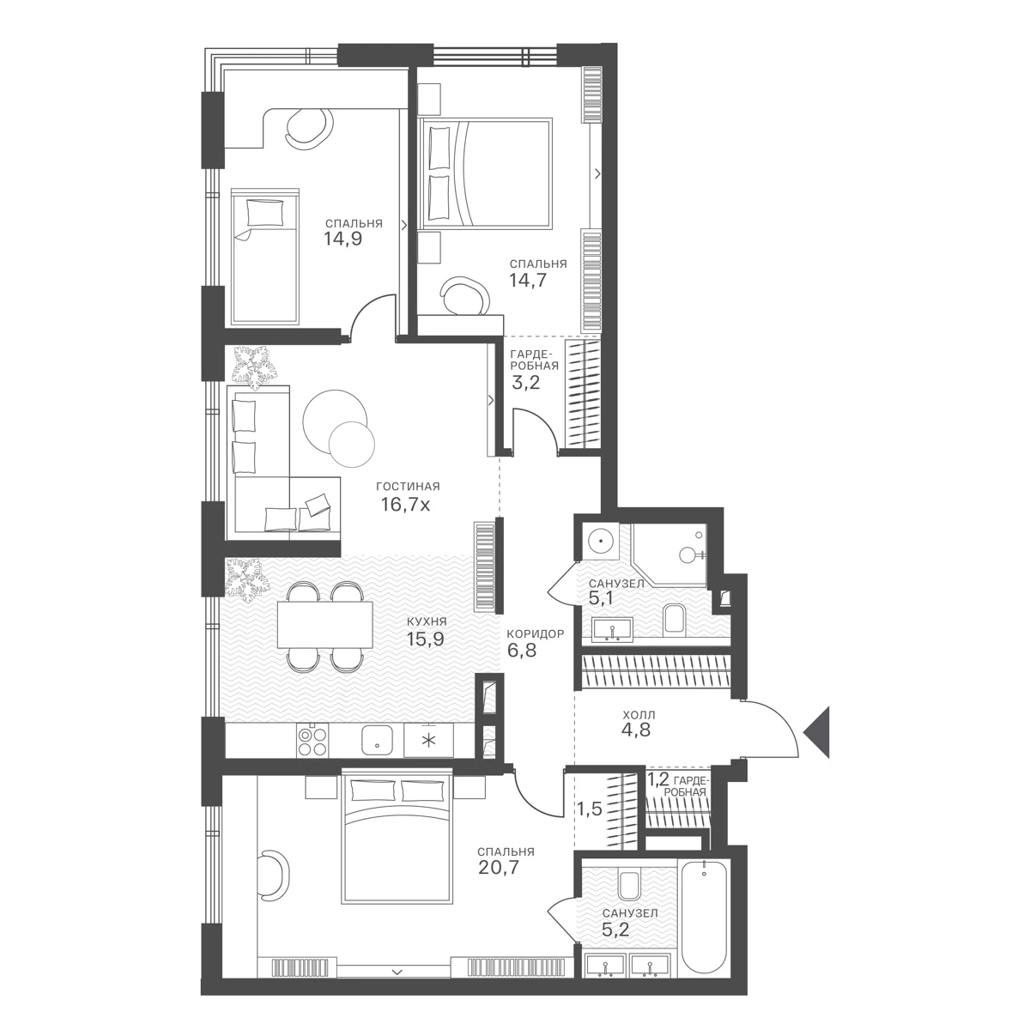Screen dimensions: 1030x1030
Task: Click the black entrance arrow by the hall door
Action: (819, 732)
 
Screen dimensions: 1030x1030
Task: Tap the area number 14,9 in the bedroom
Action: (342, 239)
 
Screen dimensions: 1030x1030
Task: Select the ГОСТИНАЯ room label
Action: (408, 487)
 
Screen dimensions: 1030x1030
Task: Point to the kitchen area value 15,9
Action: (426, 639)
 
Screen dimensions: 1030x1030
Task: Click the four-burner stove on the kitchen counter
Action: (312, 740)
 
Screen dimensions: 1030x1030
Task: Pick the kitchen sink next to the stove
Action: (378, 740)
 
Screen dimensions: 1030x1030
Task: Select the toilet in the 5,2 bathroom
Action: (628, 886)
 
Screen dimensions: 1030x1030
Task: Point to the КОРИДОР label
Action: (536, 634)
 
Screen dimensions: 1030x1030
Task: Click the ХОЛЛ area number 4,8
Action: (636, 730)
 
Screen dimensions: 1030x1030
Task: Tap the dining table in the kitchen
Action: (325, 625)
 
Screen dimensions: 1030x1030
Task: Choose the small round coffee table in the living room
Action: (351, 444)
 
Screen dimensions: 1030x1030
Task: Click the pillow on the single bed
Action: (265, 213)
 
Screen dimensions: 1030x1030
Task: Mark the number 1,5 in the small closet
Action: (590, 809)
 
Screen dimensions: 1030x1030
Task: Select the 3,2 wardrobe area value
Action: (526, 383)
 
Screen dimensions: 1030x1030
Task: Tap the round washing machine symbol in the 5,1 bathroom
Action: (602, 541)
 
